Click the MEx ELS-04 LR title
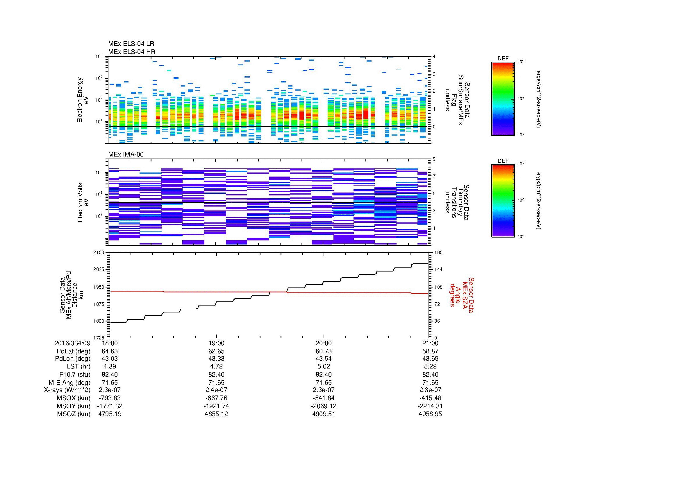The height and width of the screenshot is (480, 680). pos(131,44)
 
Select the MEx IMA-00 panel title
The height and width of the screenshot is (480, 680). pos(126,154)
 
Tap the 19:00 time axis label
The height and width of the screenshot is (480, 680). pos(217,343)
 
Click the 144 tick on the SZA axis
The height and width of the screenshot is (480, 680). pos(438,269)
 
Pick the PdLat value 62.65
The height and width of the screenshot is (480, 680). pos(217,351)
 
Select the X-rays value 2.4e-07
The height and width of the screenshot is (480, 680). pos(217,390)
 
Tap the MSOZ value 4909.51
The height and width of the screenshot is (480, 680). pos(323,414)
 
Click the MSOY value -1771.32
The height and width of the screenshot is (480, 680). pos(110,406)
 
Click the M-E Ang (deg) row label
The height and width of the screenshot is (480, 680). pos(69,383)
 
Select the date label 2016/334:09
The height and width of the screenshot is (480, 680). pos(72,343)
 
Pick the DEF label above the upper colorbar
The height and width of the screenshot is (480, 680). pos(503,59)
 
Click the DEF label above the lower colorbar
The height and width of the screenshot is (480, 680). pos(503,161)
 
